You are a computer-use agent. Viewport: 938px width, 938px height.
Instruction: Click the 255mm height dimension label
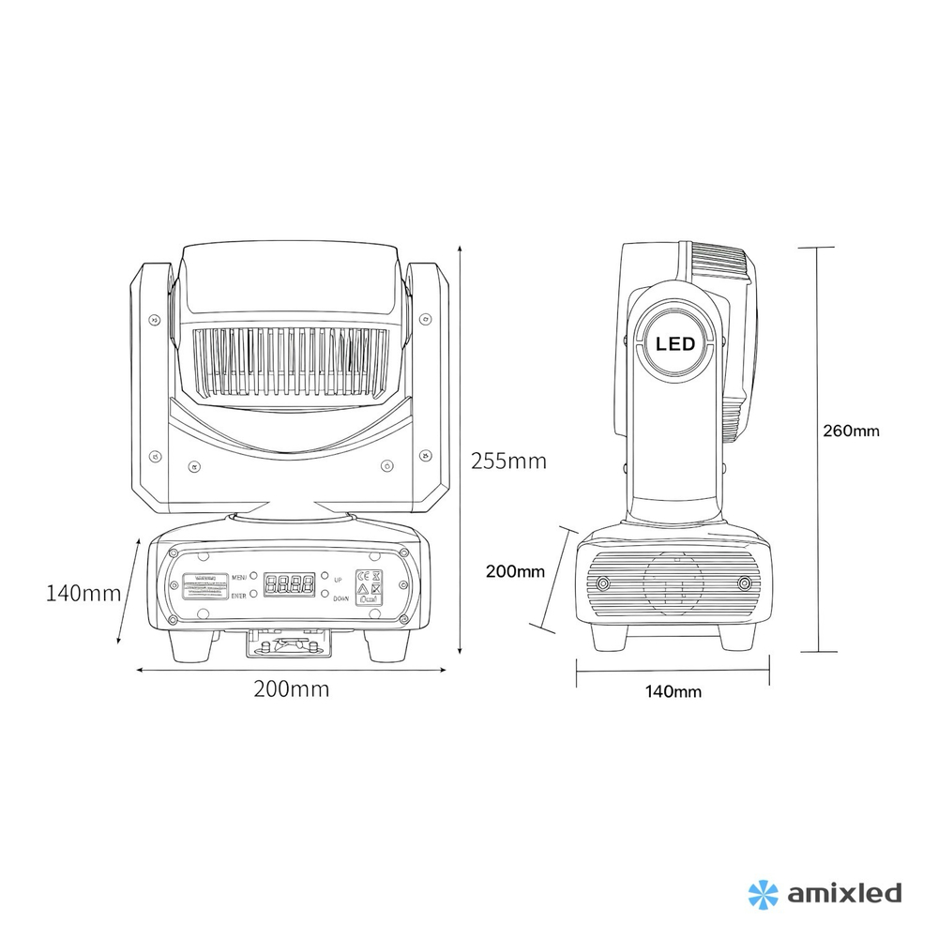click(507, 461)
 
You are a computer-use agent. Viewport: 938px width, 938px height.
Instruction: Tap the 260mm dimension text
click(851, 431)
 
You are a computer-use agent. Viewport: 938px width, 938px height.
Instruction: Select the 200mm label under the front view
click(291, 688)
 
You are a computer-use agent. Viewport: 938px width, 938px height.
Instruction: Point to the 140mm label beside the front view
click(83, 593)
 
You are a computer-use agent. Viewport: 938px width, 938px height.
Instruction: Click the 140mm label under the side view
click(673, 692)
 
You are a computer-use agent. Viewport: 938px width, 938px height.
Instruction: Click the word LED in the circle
click(675, 344)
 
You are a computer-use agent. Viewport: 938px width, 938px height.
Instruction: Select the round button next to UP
click(324, 578)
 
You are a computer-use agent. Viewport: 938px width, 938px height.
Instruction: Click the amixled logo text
click(841, 891)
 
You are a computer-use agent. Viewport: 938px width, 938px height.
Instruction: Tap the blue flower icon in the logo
click(763, 892)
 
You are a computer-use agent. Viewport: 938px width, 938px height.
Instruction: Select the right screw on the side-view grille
click(743, 584)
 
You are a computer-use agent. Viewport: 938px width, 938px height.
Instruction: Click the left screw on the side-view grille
click(602, 584)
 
